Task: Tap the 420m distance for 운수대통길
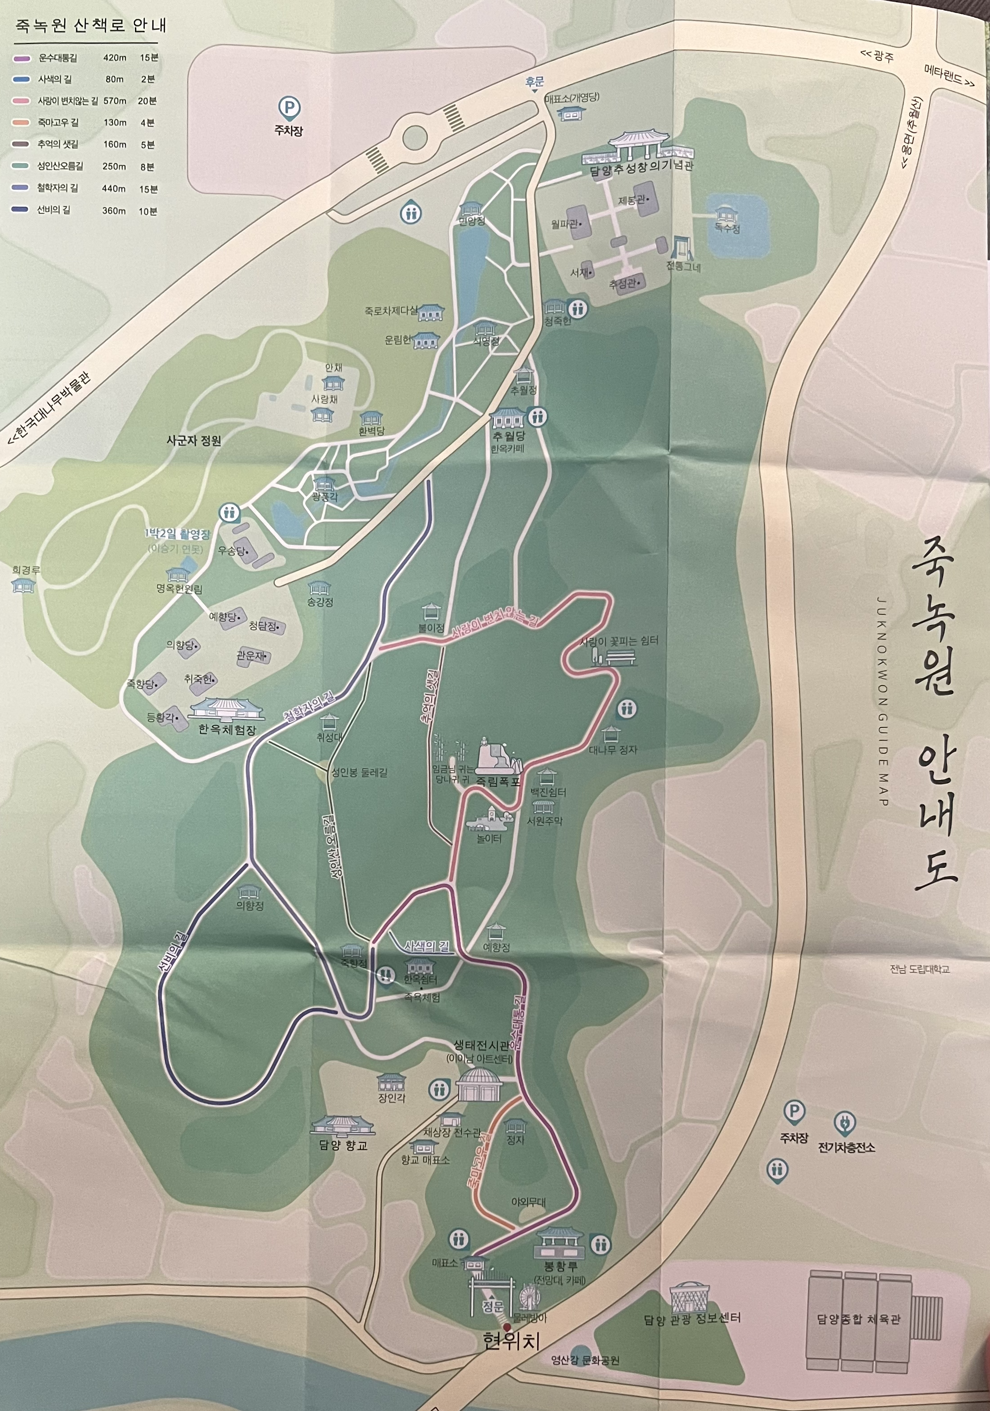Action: pyautogui.click(x=114, y=58)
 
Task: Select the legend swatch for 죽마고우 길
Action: pyautogui.click(x=21, y=123)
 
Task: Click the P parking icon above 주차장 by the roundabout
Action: pyautogui.click(x=289, y=108)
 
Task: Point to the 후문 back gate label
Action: pyautogui.click(x=534, y=82)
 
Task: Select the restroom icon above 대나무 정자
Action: pyautogui.click(x=627, y=708)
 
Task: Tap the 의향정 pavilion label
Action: pyautogui.click(x=250, y=906)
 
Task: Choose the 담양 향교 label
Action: pyautogui.click(x=343, y=1145)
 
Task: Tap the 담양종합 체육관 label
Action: pyautogui.click(x=858, y=1319)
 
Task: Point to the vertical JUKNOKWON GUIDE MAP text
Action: pyautogui.click(x=882, y=701)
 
